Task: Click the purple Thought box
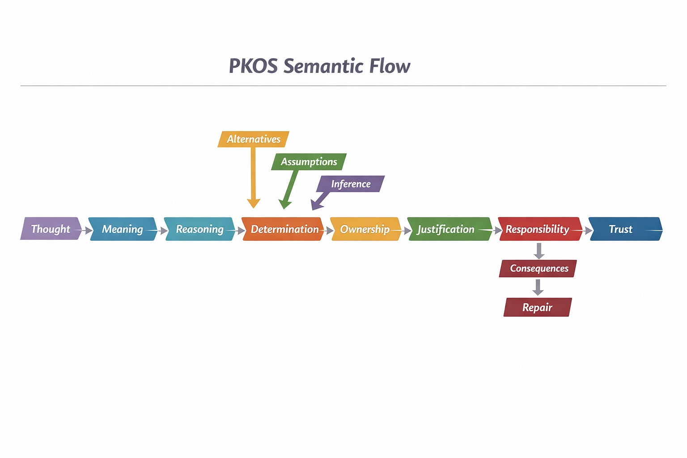tap(51, 229)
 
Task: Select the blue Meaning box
tap(122, 229)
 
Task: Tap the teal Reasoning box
tap(199, 229)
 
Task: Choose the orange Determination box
tap(283, 229)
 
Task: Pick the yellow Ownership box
tap(365, 229)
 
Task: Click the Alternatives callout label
tap(253, 139)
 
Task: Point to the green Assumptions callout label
tap(309, 162)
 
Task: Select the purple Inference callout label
tap(351, 184)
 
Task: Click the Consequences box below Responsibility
tap(538, 268)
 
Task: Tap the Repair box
tap(538, 307)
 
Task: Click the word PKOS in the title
tap(253, 66)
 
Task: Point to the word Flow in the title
tap(390, 66)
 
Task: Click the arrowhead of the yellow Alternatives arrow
tap(254, 204)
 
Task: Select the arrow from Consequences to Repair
tap(538, 287)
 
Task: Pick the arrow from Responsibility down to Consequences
tap(539, 250)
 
